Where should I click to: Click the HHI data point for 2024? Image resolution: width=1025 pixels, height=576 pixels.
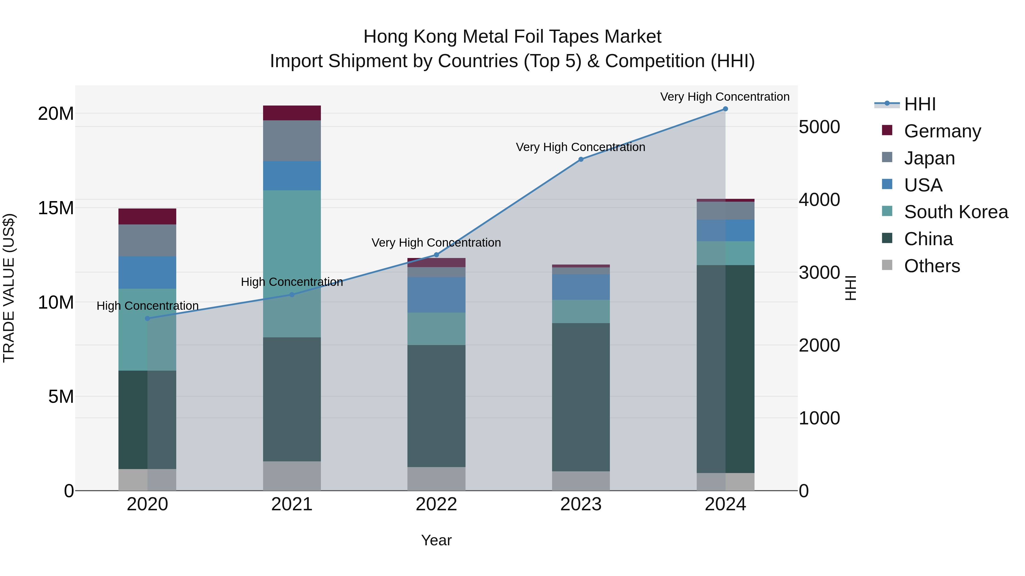click(725, 109)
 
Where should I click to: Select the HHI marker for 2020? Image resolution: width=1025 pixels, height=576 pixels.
click(147, 318)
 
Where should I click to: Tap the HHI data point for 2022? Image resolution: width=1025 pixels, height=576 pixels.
click(436, 255)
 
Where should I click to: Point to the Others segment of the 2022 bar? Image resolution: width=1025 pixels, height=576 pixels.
click(436, 479)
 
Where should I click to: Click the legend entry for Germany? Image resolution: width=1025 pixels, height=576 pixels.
click(942, 131)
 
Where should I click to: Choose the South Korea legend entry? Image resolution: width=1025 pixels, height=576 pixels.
click(956, 212)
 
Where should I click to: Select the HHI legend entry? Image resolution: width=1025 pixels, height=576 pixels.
click(920, 104)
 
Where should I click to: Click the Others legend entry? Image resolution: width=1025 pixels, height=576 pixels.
click(932, 266)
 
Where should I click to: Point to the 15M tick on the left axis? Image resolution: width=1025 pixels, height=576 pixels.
click(56, 208)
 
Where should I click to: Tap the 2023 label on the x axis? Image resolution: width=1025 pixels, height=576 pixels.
click(581, 504)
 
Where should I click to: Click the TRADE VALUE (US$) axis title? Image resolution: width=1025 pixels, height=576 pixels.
click(9, 288)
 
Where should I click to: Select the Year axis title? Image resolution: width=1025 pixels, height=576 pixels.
click(436, 540)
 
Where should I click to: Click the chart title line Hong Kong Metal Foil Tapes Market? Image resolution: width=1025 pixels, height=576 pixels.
click(512, 37)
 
